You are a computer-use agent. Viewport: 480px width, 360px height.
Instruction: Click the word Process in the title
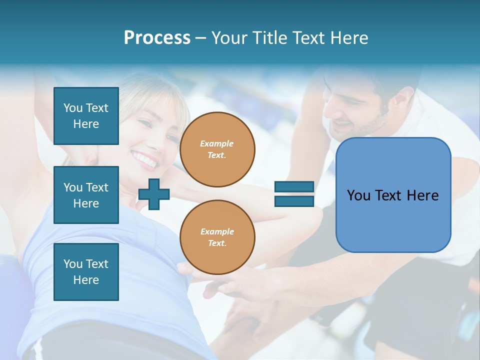157,38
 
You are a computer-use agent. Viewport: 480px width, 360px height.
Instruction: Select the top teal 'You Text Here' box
86,116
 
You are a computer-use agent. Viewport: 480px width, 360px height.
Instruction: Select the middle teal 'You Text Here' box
86,195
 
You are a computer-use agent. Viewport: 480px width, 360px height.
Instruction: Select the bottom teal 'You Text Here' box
86,272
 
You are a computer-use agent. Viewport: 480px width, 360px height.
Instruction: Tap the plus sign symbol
154,194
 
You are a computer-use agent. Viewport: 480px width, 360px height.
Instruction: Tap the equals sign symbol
294,194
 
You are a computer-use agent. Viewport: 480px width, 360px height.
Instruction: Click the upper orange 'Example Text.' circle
217,149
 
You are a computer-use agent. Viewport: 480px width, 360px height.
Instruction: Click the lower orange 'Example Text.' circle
217,237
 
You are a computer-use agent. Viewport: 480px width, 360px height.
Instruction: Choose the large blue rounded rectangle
393,195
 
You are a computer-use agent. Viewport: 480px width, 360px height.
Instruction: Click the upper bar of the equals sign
294,187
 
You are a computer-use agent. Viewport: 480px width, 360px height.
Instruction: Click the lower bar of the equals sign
294,201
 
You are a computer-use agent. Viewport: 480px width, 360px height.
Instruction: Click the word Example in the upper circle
217,144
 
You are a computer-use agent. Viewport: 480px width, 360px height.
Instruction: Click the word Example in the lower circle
217,231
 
